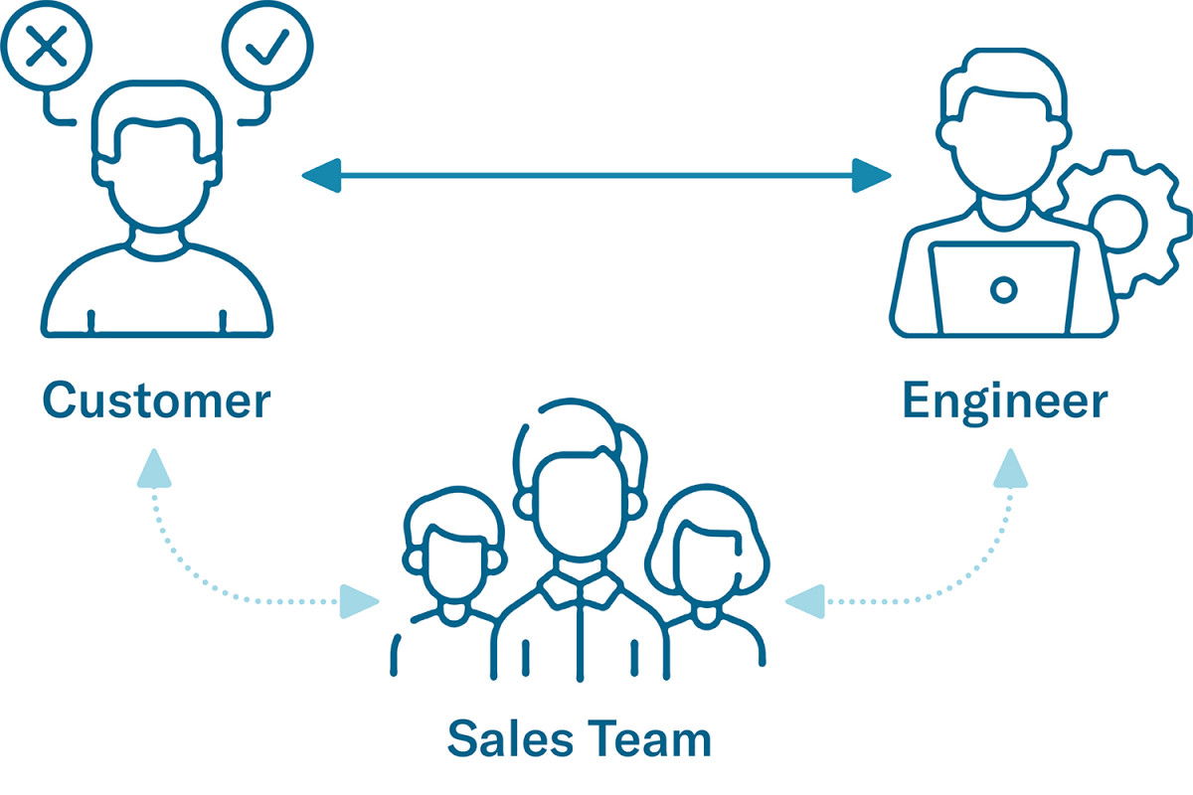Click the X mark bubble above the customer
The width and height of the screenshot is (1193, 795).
point(46,46)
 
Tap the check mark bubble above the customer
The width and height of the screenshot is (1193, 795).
point(267,46)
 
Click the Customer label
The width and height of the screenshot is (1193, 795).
point(157,400)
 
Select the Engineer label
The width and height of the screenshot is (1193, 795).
point(1004,400)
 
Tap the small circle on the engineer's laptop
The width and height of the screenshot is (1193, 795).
point(1004,289)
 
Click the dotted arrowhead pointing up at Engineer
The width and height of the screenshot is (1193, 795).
point(1010,468)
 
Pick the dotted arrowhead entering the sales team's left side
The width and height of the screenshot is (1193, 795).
point(359,600)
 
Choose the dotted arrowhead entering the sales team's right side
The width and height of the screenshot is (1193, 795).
point(804,600)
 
